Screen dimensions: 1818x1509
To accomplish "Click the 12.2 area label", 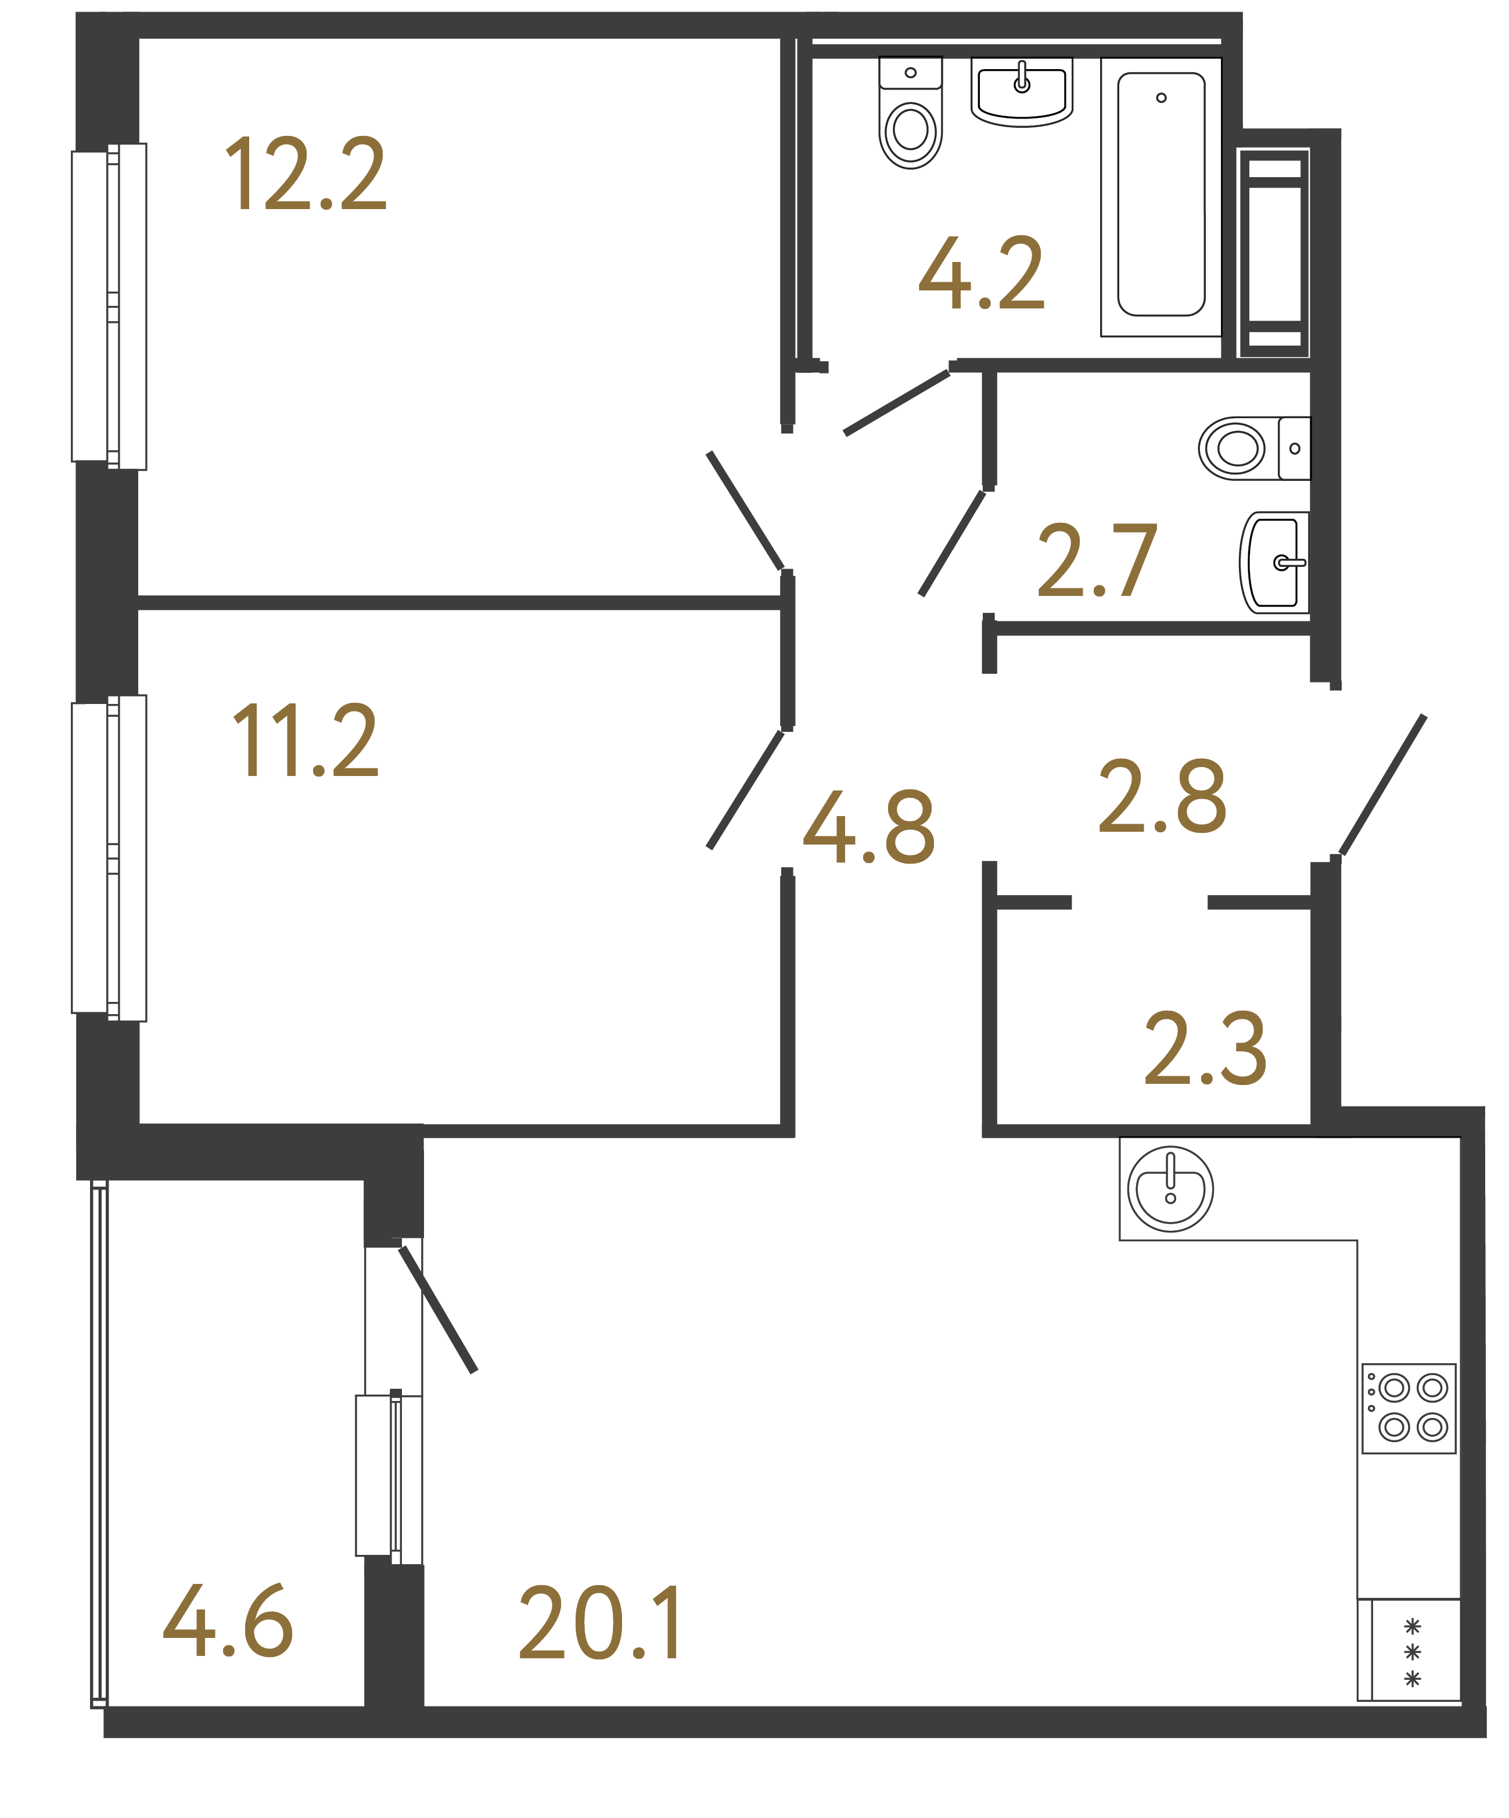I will [305, 175].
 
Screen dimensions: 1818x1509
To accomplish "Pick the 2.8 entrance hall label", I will [1162, 796].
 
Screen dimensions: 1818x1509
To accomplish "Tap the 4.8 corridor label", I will [868, 828].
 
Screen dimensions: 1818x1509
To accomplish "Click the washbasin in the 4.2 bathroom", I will [1022, 91].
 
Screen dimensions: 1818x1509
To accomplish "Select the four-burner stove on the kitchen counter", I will [1408, 1409].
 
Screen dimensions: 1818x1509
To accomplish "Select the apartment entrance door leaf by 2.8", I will [1382, 785].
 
